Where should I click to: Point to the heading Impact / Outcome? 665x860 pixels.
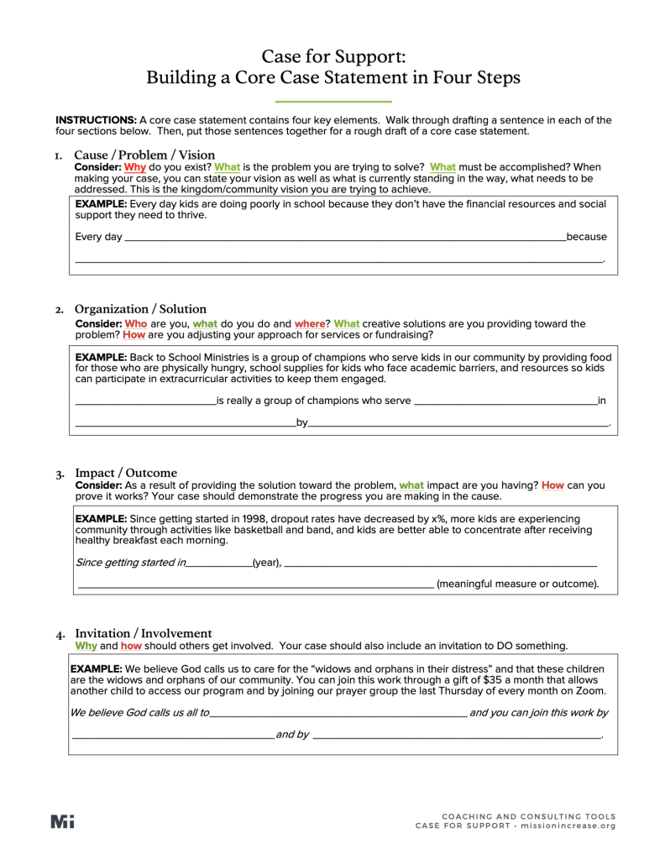pos(126,473)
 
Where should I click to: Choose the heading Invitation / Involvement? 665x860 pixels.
pos(144,632)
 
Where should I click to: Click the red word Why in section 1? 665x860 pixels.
pos(134,167)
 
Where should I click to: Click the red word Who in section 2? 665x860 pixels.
pos(136,323)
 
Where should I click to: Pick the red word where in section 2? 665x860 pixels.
pos(310,323)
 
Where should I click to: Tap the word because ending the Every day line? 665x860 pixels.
pos(587,237)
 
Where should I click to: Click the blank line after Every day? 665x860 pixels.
pos(344,239)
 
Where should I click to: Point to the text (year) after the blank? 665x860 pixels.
pos(267,562)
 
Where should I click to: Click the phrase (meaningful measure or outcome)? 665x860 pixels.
pos(518,584)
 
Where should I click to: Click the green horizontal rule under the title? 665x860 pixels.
pos(333,102)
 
